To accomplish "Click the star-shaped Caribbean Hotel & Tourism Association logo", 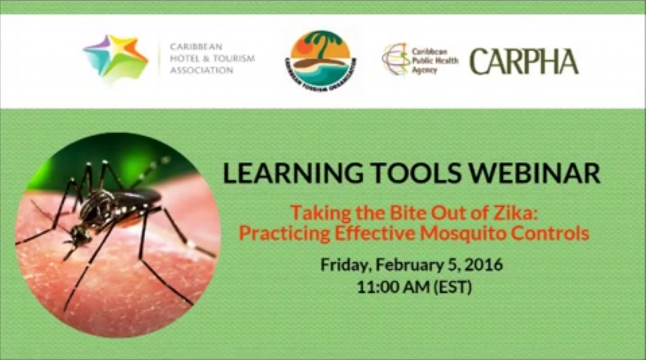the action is point(116,57).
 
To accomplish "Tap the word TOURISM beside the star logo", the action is point(233,59).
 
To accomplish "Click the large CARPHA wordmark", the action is point(524,61).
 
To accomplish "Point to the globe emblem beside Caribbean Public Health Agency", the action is point(396,59).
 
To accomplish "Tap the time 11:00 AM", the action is point(393,287).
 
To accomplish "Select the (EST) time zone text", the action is point(453,287).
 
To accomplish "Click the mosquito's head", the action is point(81,235).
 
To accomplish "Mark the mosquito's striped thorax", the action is point(99,207).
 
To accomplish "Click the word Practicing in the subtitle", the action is point(284,233).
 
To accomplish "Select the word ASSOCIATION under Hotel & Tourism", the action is point(202,71).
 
